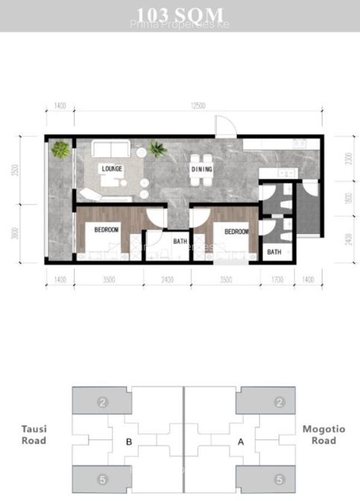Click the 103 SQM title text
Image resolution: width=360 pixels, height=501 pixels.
pyautogui.click(x=180, y=14)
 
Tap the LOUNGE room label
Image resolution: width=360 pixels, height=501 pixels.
pyautogui.click(x=112, y=169)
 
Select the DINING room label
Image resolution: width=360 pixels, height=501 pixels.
pyautogui.click(x=201, y=169)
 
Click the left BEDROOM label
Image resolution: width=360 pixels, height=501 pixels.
pyautogui.click(x=106, y=229)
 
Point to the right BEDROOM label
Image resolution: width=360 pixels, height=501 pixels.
pyautogui.click(x=236, y=231)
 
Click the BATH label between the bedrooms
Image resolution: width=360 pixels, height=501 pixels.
pyautogui.click(x=180, y=242)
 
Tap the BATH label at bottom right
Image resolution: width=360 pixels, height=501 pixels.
pyautogui.click(x=274, y=252)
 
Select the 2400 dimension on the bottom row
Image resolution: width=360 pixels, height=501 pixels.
pyautogui.click(x=167, y=280)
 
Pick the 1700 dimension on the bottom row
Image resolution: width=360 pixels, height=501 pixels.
pyautogui.click(x=277, y=280)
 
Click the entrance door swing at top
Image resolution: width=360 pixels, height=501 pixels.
pyautogui.click(x=225, y=126)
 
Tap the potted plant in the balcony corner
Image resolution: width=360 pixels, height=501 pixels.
pyautogui.click(x=61, y=149)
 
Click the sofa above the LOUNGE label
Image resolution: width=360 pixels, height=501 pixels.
pyautogui.click(x=111, y=149)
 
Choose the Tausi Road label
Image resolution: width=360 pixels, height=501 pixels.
pyautogui.click(x=34, y=434)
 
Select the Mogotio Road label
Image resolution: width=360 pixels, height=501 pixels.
pyautogui.click(x=323, y=434)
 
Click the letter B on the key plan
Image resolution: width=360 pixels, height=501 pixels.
pyautogui.click(x=129, y=443)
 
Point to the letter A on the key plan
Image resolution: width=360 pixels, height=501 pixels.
pyautogui.click(x=241, y=443)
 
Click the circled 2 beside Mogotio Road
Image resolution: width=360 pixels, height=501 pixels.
pyautogui.click(x=280, y=402)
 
